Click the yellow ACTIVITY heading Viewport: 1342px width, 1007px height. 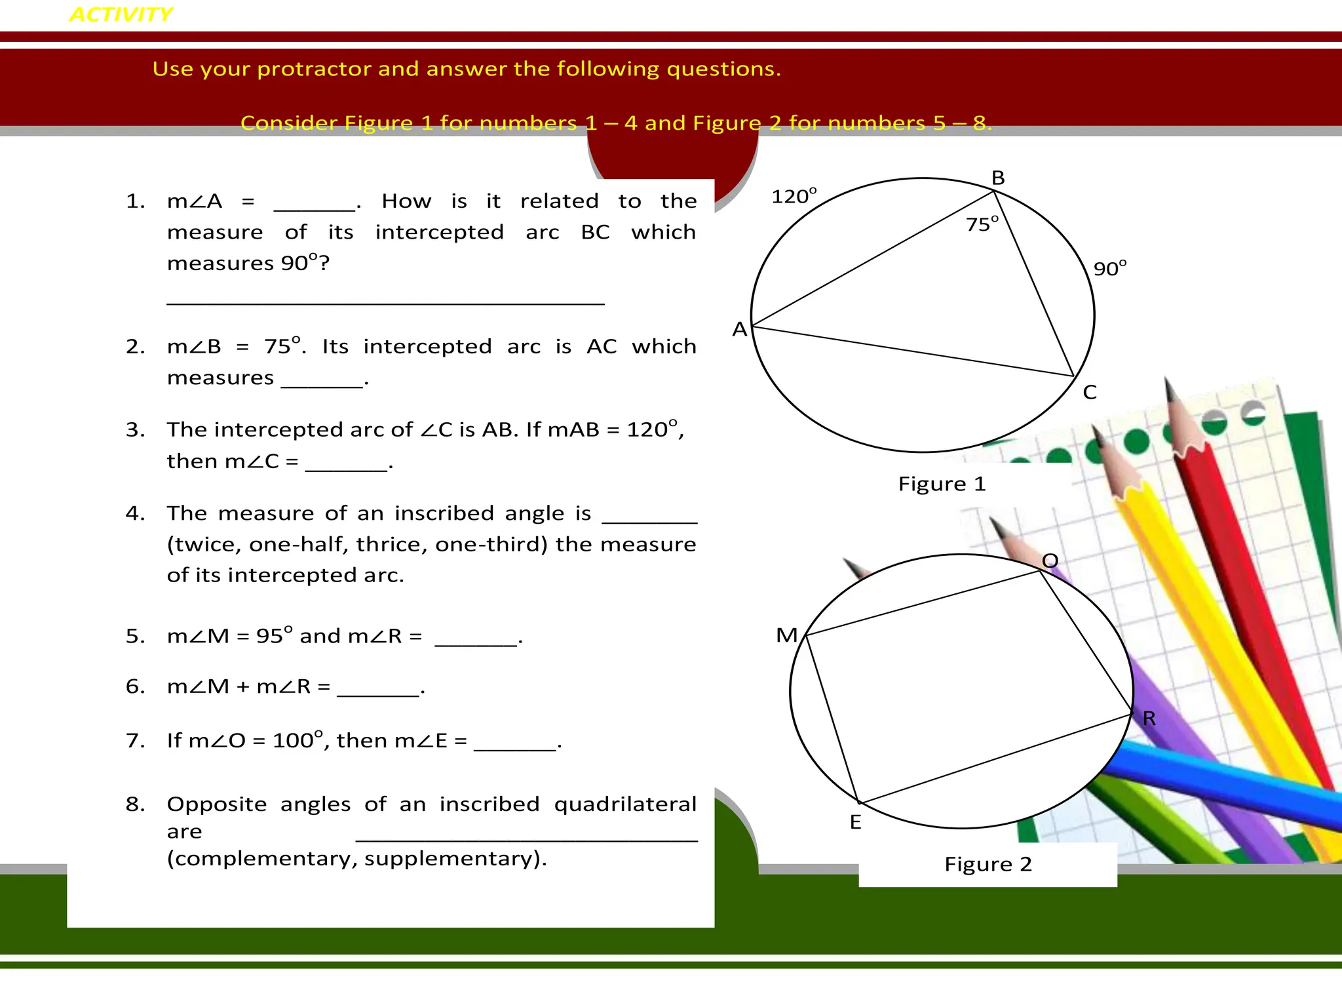click(x=121, y=14)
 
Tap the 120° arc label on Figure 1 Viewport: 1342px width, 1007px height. click(x=794, y=196)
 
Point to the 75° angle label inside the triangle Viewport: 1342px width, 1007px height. click(x=982, y=224)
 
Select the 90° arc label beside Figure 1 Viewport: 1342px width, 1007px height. click(x=1109, y=268)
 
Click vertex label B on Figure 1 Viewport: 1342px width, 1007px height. click(x=998, y=178)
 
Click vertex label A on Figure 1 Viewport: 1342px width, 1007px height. click(x=739, y=329)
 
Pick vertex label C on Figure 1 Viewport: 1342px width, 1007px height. click(x=1090, y=392)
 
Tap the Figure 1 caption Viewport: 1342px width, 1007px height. click(x=942, y=484)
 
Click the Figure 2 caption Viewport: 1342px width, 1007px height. click(x=987, y=864)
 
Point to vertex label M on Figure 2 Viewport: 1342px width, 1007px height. click(x=786, y=635)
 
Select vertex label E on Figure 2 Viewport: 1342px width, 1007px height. click(x=855, y=822)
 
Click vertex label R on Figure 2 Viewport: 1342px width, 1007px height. click(x=1149, y=719)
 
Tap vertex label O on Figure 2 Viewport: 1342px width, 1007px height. click(x=1050, y=561)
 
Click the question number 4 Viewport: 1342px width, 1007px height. click(x=134, y=513)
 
